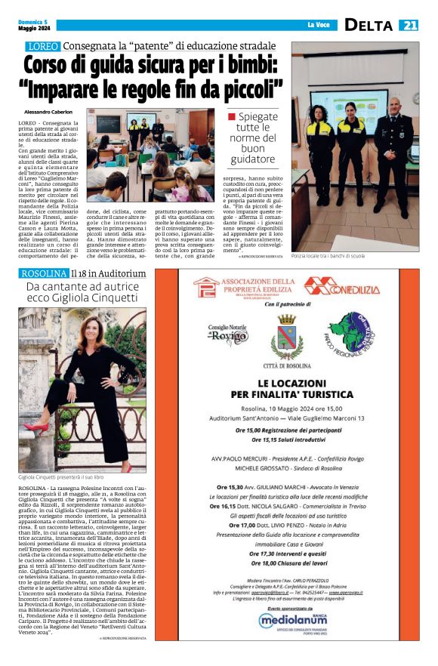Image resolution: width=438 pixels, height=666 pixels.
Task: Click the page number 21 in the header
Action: tap(409, 26)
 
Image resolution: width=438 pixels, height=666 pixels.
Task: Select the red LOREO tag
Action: tap(39, 47)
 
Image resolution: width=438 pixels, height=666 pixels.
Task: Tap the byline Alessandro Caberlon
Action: tap(49, 111)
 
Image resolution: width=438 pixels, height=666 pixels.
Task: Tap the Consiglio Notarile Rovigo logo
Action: tap(227, 333)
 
